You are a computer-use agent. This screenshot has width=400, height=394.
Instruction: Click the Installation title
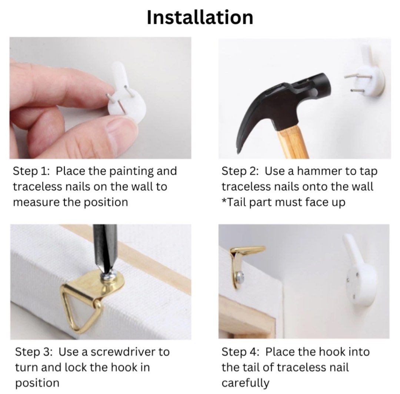[x=200, y=17]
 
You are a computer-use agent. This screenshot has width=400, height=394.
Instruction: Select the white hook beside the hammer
[x=367, y=77]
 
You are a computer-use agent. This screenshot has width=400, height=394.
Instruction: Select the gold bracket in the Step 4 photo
[x=242, y=265]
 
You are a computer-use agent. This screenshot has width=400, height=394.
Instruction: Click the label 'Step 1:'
[x=31, y=171]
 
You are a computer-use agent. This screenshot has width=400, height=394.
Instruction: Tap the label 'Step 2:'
[x=240, y=171]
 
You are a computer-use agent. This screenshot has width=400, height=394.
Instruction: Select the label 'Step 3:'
[x=34, y=352]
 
